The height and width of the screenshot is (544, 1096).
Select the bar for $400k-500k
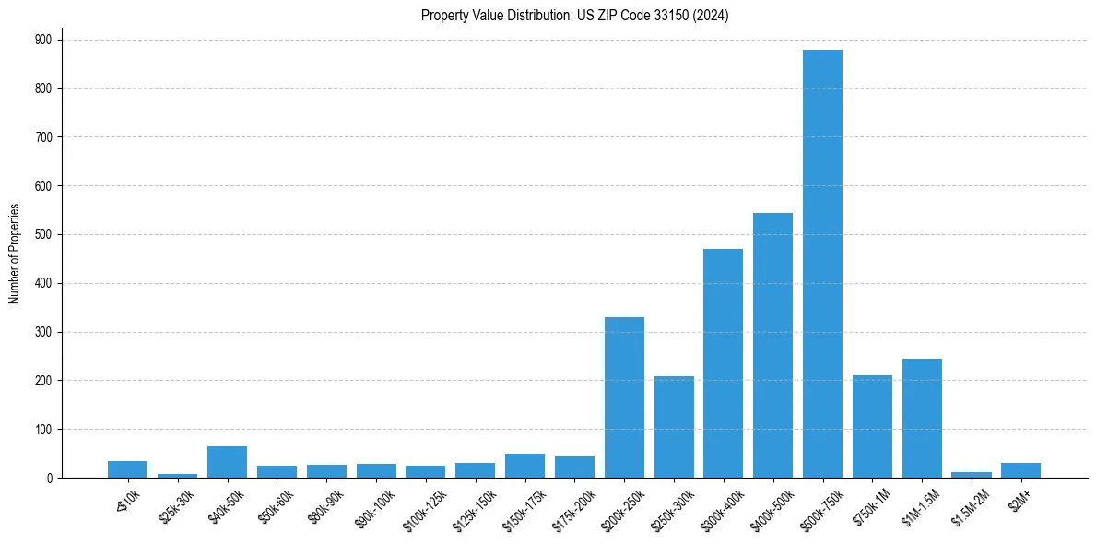tap(772, 346)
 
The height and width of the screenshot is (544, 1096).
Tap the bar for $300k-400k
tap(723, 363)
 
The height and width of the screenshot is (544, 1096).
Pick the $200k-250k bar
tap(624, 397)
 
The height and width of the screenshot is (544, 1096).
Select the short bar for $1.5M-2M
tap(972, 475)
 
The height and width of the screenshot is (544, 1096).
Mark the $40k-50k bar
tap(227, 462)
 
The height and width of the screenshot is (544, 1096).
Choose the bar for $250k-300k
tap(674, 427)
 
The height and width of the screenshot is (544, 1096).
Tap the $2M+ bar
tap(1020, 470)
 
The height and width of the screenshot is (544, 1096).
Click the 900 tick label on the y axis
tap(43, 40)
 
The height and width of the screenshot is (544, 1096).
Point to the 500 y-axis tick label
tap(43, 234)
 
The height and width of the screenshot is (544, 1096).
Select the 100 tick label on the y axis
tap(43, 430)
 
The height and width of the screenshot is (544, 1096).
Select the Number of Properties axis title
tap(14, 253)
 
